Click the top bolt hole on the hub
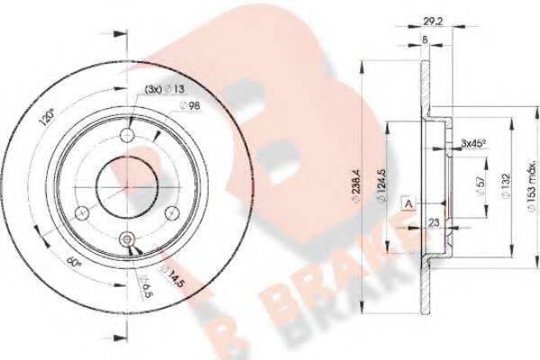(x=127, y=132)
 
